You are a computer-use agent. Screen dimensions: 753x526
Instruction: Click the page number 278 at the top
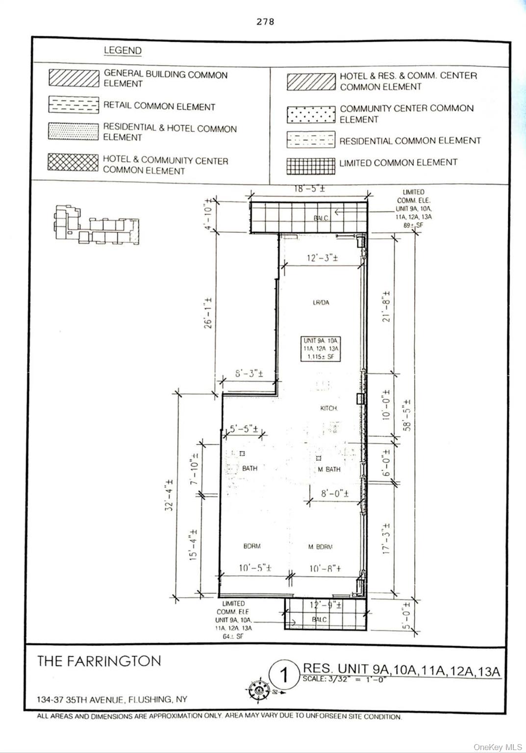click(265, 22)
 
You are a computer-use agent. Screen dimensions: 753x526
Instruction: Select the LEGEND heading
click(123, 50)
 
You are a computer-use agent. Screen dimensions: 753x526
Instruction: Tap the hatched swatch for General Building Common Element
click(74, 78)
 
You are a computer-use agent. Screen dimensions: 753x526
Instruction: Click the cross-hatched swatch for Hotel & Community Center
click(73, 162)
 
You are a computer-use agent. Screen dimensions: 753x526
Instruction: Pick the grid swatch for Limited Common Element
click(311, 166)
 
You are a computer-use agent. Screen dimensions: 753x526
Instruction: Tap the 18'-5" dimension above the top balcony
click(309, 188)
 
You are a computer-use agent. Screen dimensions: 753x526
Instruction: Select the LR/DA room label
click(321, 302)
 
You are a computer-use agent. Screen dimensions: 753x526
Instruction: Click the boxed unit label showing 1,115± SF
click(321, 349)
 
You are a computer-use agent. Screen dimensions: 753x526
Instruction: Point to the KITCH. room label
click(328, 408)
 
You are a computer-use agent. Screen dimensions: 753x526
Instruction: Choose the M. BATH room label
click(329, 469)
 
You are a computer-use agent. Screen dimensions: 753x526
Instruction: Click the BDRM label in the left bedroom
click(252, 546)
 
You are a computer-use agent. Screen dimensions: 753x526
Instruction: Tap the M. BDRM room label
click(321, 547)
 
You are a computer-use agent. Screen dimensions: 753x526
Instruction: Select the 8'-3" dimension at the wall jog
click(249, 374)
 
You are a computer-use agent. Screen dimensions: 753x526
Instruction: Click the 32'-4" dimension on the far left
click(169, 495)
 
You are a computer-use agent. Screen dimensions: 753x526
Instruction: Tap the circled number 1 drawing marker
click(284, 675)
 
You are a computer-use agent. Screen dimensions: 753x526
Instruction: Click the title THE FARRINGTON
click(99, 661)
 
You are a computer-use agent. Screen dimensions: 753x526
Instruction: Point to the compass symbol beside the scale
click(257, 690)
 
